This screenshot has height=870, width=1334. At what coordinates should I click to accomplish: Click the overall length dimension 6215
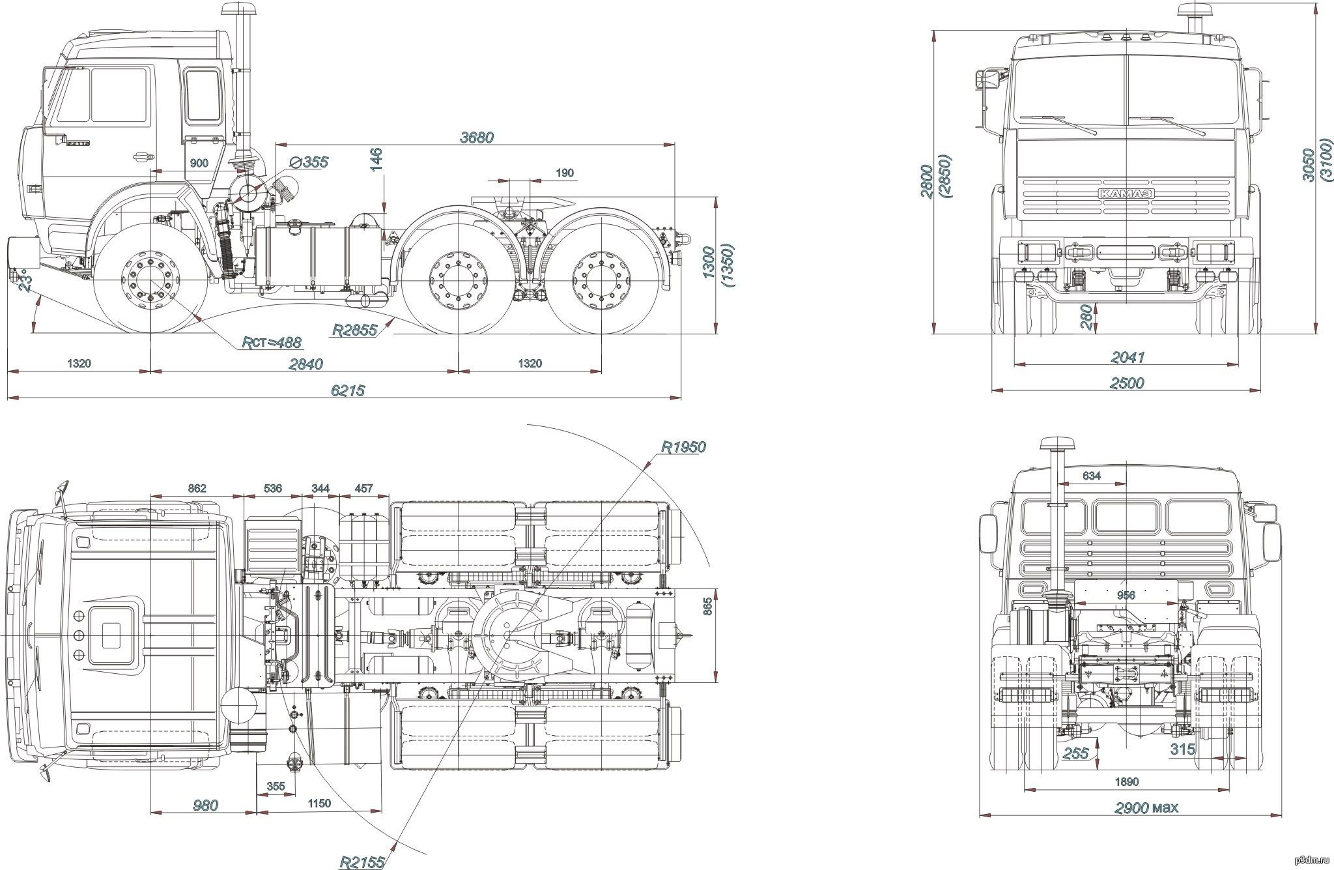[x=348, y=390]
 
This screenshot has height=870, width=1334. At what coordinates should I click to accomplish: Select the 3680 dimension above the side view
[x=477, y=137]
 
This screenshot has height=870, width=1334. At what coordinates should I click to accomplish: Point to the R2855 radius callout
[x=354, y=330]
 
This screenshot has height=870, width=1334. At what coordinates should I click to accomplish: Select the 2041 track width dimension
[x=1126, y=357]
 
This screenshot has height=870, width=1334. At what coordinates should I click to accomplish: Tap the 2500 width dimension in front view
[x=1126, y=383]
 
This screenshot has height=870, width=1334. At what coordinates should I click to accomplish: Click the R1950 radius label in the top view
[x=683, y=447]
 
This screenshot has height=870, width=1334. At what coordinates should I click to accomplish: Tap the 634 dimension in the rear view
[x=1091, y=476]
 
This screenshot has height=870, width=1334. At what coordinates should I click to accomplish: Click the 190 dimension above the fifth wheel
[x=565, y=173]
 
